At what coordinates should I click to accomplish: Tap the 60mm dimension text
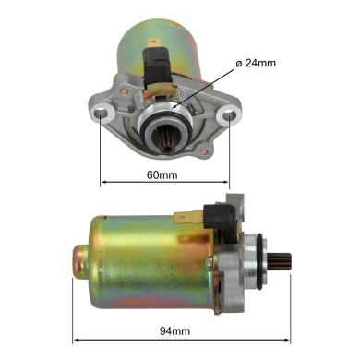(162, 174)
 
